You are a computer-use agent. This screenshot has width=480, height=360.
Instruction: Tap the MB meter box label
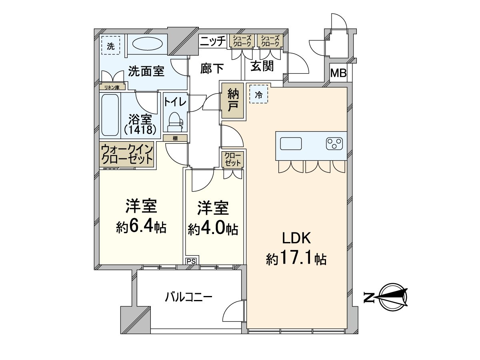coord(338,74)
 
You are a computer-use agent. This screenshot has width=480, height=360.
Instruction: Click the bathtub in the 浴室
coord(110,115)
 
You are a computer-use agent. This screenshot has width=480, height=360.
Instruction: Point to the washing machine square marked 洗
coord(110,46)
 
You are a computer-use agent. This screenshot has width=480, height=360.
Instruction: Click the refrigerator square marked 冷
coord(259,95)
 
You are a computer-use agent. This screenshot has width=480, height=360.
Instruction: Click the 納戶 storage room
coord(232,100)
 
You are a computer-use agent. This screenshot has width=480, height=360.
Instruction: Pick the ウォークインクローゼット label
coord(127,154)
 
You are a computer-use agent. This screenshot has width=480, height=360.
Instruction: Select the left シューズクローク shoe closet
coord(242,41)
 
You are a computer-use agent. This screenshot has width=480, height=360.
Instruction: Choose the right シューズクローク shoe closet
coord(270,41)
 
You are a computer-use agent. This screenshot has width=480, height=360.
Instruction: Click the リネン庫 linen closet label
coord(112,87)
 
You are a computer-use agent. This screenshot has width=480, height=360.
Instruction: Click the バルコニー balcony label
coord(188,297)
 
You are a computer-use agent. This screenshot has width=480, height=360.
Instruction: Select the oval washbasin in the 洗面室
coord(145,44)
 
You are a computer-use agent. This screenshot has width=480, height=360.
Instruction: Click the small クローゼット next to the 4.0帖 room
coord(232,159)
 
